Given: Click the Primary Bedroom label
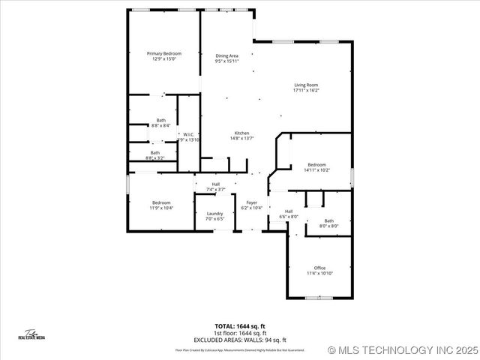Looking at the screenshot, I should point(163,53).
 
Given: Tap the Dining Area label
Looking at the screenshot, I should point(227,55).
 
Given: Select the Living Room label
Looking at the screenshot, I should point(306,85).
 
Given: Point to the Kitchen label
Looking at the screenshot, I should point(241,133).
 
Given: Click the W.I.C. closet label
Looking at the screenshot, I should point(189,135).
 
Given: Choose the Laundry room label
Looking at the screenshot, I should point(214,214).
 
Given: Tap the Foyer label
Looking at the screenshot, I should point(252,202).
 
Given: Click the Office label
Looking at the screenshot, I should point(319,268).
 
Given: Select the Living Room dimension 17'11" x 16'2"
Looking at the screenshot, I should point(306,91).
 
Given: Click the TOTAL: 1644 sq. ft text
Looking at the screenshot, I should point(240,326).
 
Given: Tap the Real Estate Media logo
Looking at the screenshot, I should point(32,334).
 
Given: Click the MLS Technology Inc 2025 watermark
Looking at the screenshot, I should point(403,349).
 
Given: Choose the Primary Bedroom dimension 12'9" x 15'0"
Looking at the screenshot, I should point(163,59).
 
